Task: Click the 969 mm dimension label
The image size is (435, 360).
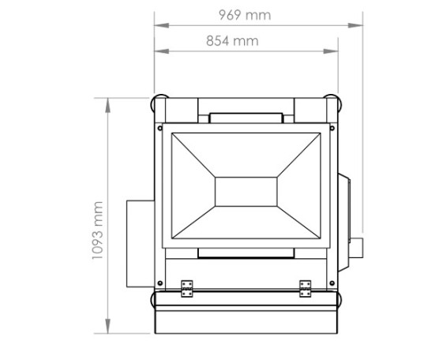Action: pos(245,15)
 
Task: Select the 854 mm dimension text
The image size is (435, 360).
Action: pos(232,41)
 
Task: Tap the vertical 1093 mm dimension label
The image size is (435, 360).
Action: pos(98,231)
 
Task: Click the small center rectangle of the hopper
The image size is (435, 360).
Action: pos(246,192)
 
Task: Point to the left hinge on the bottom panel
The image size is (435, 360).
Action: pos(186,289)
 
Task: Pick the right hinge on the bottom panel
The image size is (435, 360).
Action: pos(306,289)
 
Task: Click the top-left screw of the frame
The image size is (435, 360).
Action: pos(159,128)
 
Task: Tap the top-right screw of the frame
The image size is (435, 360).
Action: pos(332,128)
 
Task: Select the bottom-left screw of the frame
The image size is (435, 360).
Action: pos(159,283)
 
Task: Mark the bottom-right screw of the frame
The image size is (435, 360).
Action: pos(332,283)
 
